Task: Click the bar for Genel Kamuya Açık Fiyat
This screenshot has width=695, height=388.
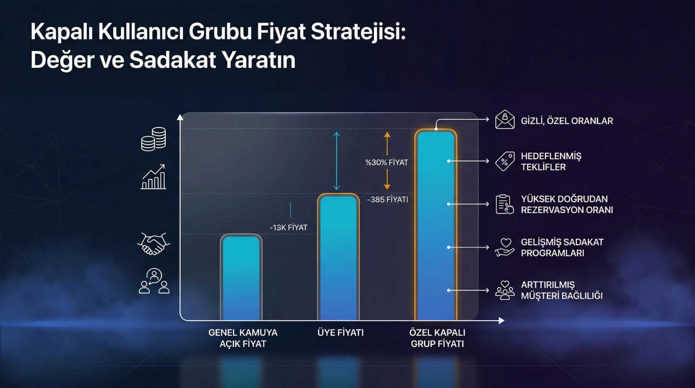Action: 241,278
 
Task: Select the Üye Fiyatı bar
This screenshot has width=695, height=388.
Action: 338,257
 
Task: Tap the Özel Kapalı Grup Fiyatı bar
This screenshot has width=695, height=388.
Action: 436,225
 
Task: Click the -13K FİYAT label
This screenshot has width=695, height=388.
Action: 288,228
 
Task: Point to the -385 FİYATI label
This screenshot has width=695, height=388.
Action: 387,200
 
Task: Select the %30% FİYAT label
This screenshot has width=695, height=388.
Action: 387,162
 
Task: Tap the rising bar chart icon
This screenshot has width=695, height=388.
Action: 153,177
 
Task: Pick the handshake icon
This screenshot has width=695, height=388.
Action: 153,243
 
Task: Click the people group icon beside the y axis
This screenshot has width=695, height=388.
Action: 154,281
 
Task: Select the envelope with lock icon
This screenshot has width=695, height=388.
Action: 505,120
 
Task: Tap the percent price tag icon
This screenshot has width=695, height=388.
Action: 505,161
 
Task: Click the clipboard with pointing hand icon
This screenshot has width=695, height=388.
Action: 505,204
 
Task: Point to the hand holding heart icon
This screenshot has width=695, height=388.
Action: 505,247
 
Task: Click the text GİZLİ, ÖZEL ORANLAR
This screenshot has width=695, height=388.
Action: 567,121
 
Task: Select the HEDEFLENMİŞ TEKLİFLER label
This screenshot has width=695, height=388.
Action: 551,162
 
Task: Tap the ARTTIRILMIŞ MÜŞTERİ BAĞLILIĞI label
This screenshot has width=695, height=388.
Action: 561,290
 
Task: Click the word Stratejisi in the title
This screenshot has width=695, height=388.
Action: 358,32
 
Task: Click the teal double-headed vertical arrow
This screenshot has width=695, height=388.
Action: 337,161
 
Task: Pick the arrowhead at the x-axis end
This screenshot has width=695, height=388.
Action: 501,321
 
